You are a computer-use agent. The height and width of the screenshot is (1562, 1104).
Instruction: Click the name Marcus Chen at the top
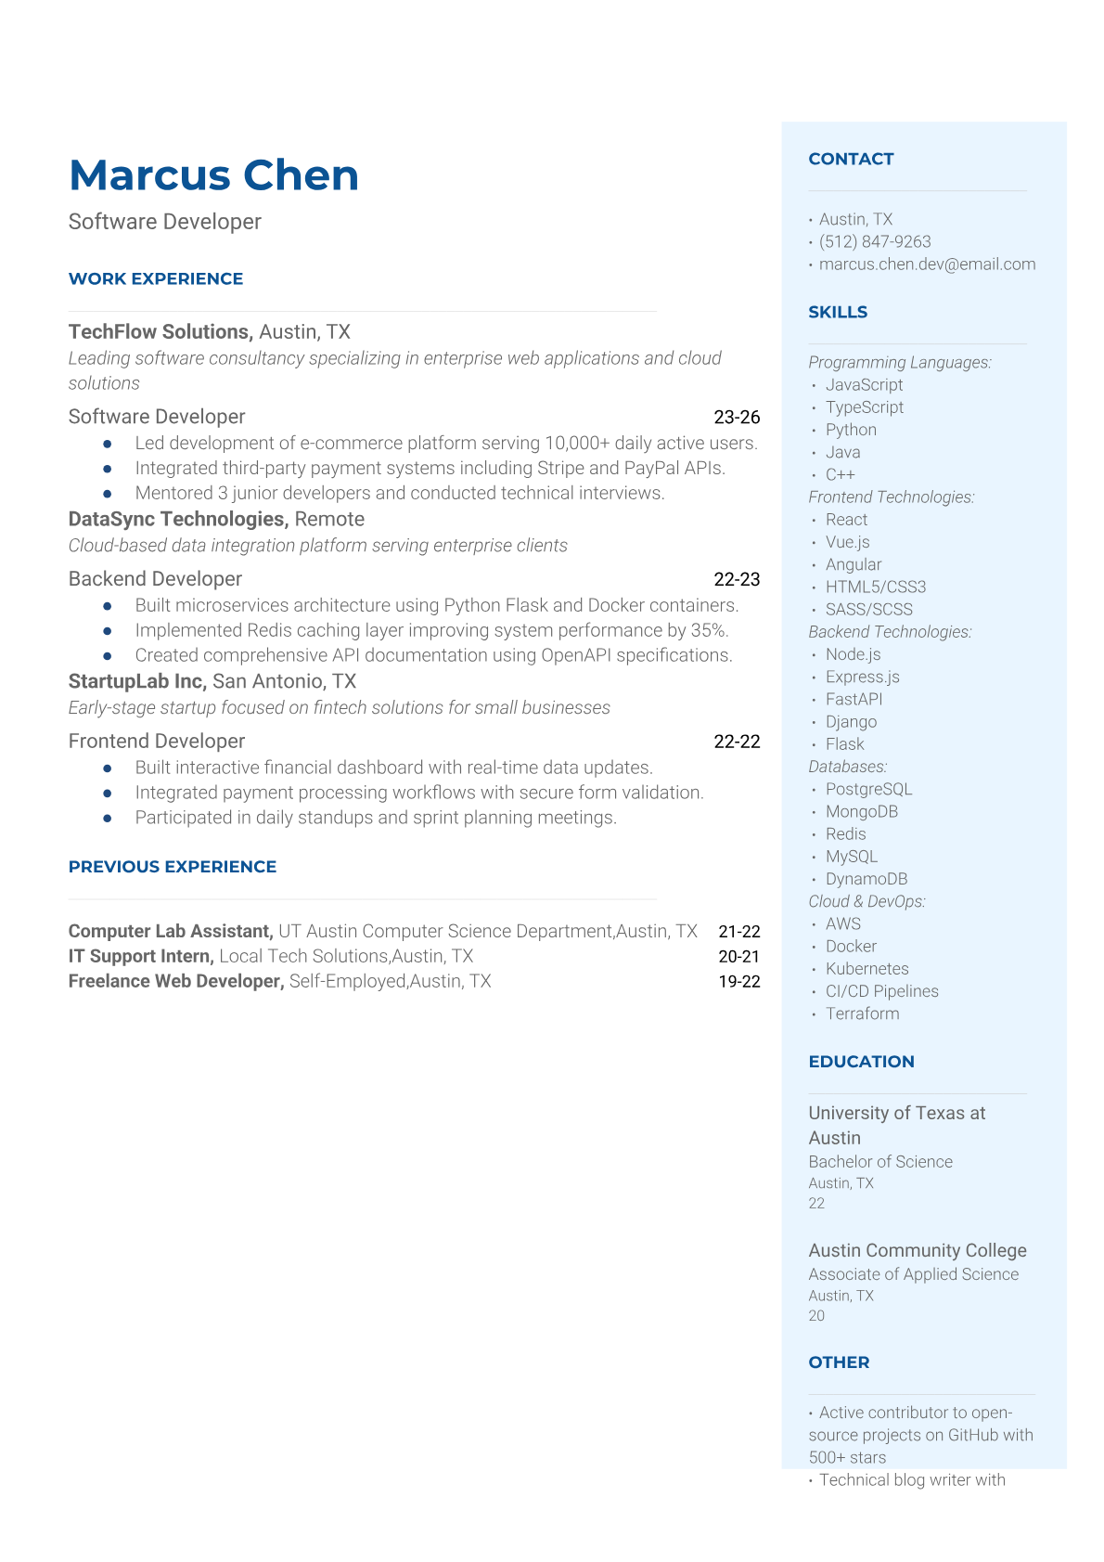coord(213,175)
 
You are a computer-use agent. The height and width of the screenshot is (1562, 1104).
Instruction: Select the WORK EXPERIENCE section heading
coord(156,278)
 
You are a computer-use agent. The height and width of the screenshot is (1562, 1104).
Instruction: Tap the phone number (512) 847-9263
coord(874,241)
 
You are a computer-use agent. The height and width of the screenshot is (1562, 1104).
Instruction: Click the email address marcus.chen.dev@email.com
coord(927,264)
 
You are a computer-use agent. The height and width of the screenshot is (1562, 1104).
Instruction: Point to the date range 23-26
coord(737,418)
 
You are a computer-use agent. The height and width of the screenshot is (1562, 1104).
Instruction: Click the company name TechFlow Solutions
coord(160,332)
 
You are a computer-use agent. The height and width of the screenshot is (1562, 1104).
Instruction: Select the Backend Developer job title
coord(155,579)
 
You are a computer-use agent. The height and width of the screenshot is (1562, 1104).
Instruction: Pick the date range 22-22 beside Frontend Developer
coord(737,742)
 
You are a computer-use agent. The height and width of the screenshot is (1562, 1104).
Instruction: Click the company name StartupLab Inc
coord(136,681)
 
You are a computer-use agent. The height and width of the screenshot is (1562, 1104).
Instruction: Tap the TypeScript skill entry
coord(864,407)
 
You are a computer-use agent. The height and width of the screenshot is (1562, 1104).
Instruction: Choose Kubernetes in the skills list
coord(867,969)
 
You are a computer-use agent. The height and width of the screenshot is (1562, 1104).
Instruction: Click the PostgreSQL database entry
coord(868,789)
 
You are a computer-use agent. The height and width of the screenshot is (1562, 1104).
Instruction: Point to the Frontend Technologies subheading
coord(891,497)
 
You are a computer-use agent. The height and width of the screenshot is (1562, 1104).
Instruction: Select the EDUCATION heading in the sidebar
coord(861,1062)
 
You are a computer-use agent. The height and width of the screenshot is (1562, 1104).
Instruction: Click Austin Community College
coord(917,1250)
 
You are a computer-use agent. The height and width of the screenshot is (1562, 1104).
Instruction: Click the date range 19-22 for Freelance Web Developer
coord(738,982)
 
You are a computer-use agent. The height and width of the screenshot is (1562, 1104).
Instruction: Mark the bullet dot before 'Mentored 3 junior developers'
coord(108,494)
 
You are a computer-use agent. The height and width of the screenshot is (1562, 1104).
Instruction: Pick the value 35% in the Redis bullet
coord(709,630)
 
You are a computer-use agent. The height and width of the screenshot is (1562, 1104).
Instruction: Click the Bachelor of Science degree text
coord(879,1162)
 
